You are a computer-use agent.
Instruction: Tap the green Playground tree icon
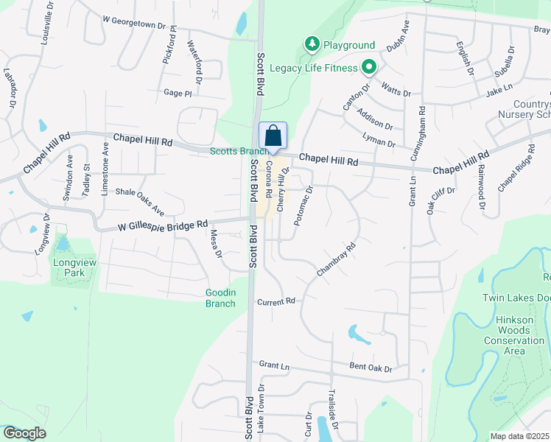click(x=313, y=45)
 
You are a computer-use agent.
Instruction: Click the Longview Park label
click(x=69, y=267)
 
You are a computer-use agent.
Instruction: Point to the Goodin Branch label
click(x=220, y=298)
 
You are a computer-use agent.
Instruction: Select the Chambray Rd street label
click(x=336, y=259)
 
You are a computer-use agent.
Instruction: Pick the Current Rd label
click(x=276, y=301)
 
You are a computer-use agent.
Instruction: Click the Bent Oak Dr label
click(x=371, y=368)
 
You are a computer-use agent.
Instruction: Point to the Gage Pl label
click(x=178, y=94)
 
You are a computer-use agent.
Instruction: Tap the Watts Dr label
click(x=396, y=91)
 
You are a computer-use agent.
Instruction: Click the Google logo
click(x=25, y=433)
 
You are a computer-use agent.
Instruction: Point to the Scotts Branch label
click(x=234, y=151)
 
